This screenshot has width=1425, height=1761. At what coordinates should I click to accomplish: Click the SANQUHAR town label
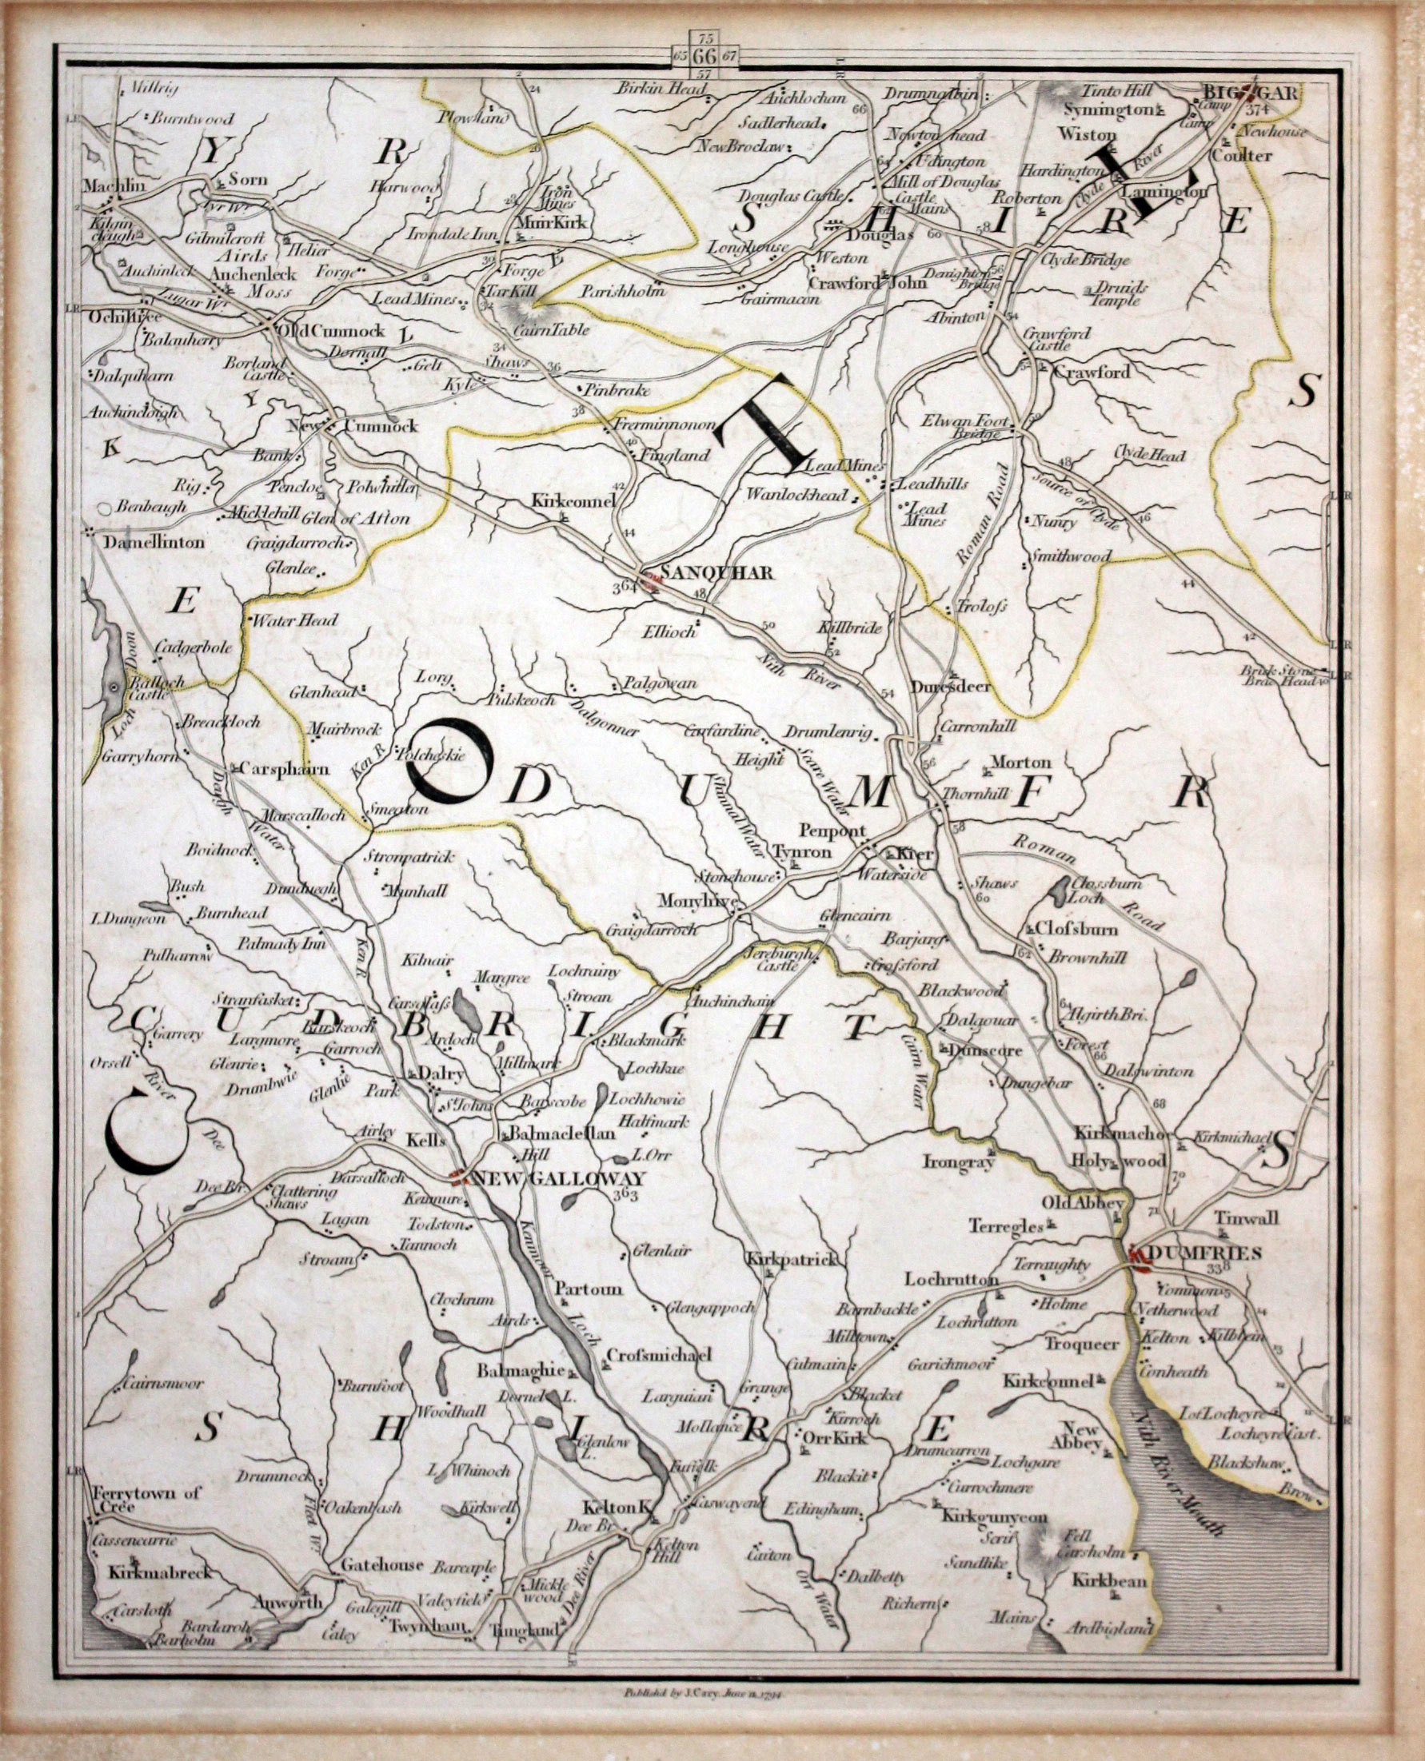tap(717, 574)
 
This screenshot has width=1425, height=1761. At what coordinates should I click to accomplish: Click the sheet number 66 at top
tap(705, 57)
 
